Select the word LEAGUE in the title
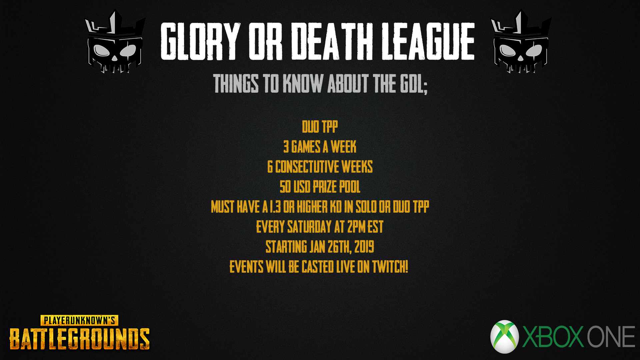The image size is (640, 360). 428,41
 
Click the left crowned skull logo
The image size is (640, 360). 115,42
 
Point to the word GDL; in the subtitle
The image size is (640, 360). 413,84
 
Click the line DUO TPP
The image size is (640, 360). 320,127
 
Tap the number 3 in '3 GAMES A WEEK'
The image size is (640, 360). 286,147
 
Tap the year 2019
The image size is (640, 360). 364,247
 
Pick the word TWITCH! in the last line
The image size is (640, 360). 390,267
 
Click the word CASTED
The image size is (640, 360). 318,267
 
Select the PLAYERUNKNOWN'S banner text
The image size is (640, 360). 79,320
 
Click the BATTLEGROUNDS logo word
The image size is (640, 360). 79,339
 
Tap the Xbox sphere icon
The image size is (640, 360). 504,337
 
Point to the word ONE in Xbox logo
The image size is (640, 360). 611,337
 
